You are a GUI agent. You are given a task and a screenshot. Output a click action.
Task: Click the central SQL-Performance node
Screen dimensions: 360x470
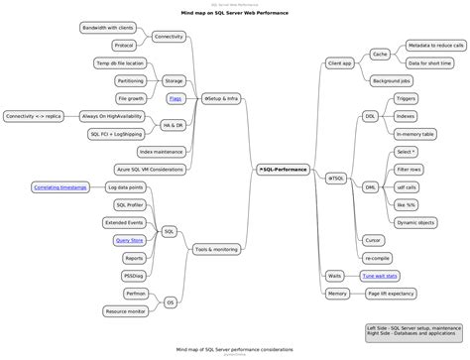(283, 170)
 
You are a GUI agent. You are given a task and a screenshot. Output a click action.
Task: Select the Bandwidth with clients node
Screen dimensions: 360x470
(109, 28)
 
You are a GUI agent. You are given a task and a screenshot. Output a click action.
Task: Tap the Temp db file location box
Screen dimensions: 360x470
(120, 62)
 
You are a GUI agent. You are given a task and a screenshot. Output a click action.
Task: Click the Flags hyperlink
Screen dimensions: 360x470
(175, 98)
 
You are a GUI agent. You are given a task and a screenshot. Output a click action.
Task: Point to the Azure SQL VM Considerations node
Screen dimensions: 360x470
(149, 169)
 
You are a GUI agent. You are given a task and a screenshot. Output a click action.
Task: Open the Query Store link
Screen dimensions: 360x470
(129, 239)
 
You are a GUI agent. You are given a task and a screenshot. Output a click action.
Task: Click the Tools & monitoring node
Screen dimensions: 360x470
(216, 249)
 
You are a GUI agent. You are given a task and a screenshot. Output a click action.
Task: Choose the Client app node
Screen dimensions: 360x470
(340, 62)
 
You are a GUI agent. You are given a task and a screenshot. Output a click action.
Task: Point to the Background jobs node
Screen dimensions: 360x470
(390, 79)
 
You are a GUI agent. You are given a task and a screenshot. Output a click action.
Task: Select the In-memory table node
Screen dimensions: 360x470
(415, 133)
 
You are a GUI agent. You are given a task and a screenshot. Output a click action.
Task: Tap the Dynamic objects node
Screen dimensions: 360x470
(415, 222)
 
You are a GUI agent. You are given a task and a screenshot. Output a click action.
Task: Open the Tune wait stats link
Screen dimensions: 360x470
(380, 275)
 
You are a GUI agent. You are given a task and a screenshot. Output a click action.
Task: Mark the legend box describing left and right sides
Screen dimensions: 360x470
(412, 331)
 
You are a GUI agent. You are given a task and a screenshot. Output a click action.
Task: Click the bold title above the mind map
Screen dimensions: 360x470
(234, 13)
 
